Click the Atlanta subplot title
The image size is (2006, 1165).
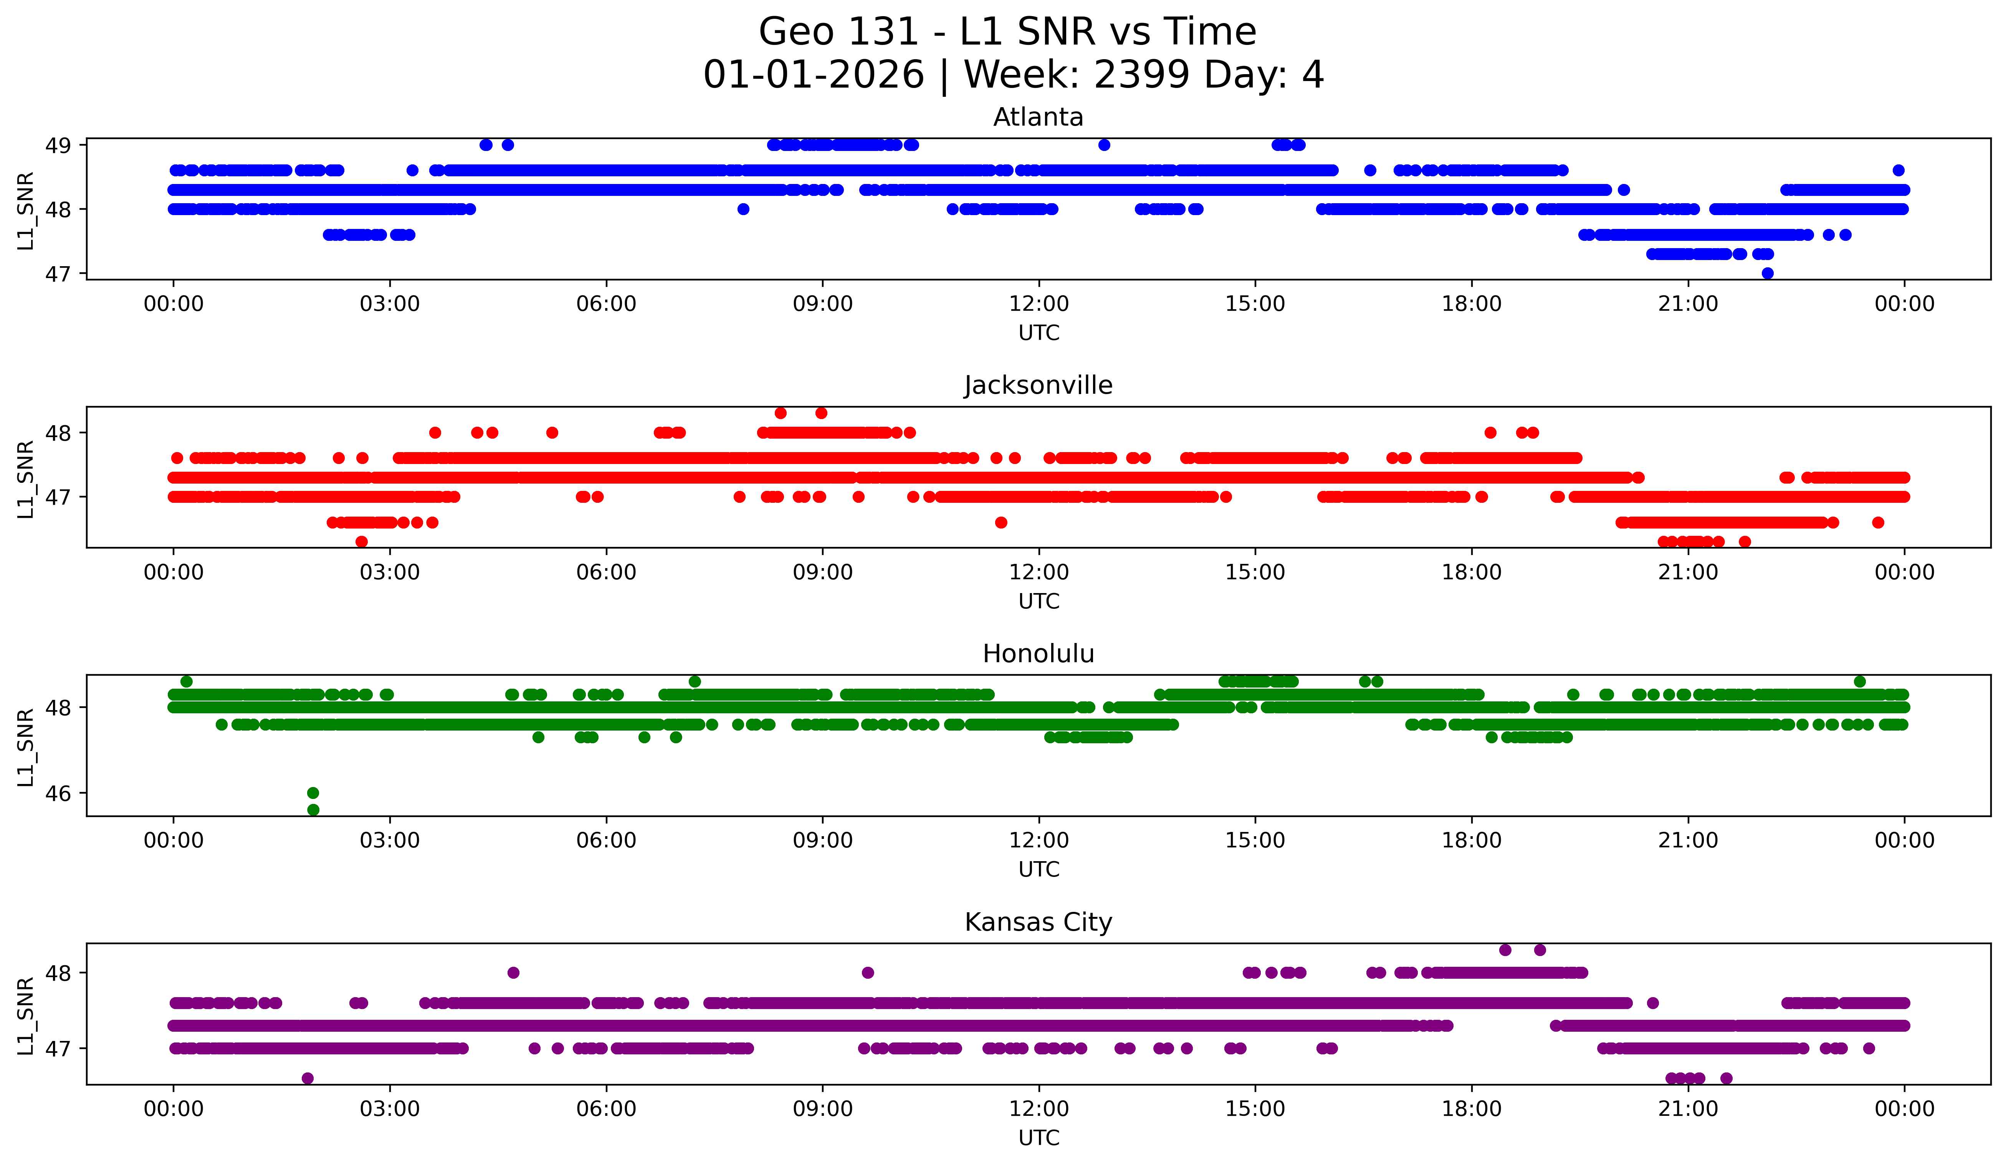coord(1038,117)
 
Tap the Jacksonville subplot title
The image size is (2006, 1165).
coord(1038,385)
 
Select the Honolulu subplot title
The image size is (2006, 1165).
coord(1038,654)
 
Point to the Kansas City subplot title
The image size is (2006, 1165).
coord(1038,922)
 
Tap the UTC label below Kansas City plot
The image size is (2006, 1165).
coord(1038,1138)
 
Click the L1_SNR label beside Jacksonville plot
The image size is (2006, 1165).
coord(25,479)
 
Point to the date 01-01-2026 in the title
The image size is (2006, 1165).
coord(814,75)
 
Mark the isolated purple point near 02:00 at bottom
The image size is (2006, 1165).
coord(307,1078)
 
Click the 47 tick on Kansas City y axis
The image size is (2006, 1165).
coord(57,1049)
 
